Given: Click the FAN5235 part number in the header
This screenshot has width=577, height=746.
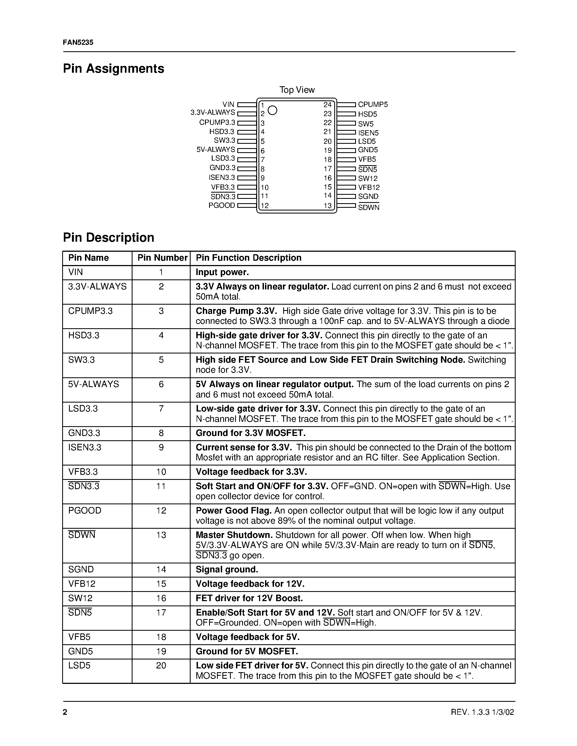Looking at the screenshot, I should pyautogui.click(x=78, y=42).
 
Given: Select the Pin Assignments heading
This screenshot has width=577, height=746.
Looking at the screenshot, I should pyautogui.click(x=113, y=69).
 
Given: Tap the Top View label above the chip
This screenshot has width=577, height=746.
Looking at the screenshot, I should pyautogui.click(x=297, y=90).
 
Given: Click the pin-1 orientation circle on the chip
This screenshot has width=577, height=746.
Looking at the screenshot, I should pyautogui.click(x=272, y=110).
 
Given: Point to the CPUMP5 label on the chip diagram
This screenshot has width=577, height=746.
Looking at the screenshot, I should pyautogui.click(x=373, y=104).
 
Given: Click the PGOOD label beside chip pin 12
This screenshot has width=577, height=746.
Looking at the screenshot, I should pyautogui.click(x=222, y=205).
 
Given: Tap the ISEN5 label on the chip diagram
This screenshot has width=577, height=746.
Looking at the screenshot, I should pyautogui.click(x=368, y=133).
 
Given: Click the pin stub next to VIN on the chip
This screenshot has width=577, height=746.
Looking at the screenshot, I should pyautogui.click(x=247, y=104).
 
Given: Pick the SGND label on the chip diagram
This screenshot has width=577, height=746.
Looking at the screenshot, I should pyautogui.click(x=368, y=196).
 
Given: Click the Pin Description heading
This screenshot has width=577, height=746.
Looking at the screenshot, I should pyautogui.click(x=108, y=237).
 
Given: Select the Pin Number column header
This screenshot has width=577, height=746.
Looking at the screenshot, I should pyautogui.click(x=162, y=258).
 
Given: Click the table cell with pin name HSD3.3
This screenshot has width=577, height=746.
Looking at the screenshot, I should pyautogui.click(x=84, y=335).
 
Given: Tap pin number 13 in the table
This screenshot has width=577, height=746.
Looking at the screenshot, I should pyautogui.click(x=161, y=535).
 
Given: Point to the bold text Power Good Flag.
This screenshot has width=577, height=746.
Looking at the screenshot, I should pyautogui.click(x=234, y=511).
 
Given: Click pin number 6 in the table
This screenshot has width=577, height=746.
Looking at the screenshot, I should pyautogui.click(x=161, y=384).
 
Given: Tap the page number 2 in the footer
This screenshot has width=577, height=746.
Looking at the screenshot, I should pyautogui.click(x=65, y=712).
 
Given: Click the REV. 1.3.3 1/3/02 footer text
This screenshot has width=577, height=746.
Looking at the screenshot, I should pyautogui.click(x=482, y=712).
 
